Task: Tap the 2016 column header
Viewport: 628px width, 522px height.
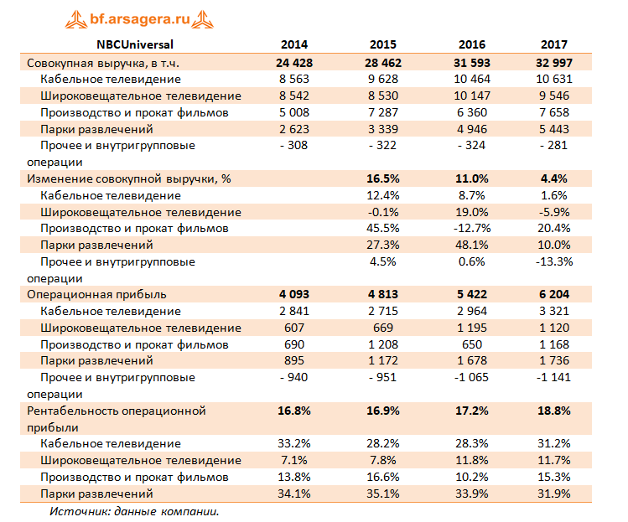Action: click(x=472, y=45)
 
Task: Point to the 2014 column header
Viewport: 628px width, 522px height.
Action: click(x=293, y=45)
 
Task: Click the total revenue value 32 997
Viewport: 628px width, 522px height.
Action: click(x=554, y=62)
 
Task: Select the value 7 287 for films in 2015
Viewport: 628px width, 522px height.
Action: click(x=382, y=112)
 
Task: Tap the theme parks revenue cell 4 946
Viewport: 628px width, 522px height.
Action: click(x=472, y=129)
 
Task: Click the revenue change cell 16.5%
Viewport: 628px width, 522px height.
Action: click(x=382, y=178)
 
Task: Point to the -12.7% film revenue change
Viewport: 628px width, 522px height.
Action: click(x=472, y=228)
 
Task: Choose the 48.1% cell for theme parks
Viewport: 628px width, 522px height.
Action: click(x=472, y=245)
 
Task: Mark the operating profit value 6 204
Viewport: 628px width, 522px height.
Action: click(x=554, y=294)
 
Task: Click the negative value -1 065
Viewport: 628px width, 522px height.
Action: click(x=472, y=377)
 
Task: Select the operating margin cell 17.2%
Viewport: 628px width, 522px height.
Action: click(x=472, y=411)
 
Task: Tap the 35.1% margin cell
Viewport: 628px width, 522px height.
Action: click(x=382, y=494)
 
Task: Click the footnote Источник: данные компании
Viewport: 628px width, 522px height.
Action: click(x=134, y=510)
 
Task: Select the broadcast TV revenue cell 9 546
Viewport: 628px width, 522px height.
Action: click(x=554, y=96)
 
